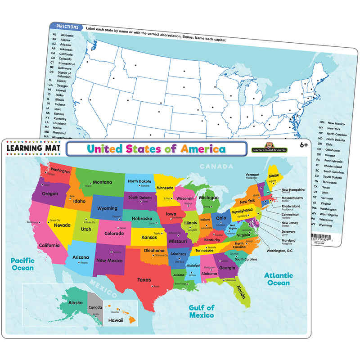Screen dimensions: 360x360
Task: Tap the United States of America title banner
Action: [156, 148]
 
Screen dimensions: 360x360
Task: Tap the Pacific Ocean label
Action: [22, 264]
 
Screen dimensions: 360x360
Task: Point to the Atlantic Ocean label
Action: [279, 279]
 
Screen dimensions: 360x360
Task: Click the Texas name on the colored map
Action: [144, 279]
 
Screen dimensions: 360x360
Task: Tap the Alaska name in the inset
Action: [75, 303]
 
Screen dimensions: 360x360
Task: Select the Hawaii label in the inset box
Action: [116, 320]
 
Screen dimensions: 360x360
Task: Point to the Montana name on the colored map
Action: [102, 182]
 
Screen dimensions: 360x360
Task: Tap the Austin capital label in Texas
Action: [156, 286]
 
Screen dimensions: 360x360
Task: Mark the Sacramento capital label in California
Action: [32, 222]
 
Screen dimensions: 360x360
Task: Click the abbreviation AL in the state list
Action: [54, 35]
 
